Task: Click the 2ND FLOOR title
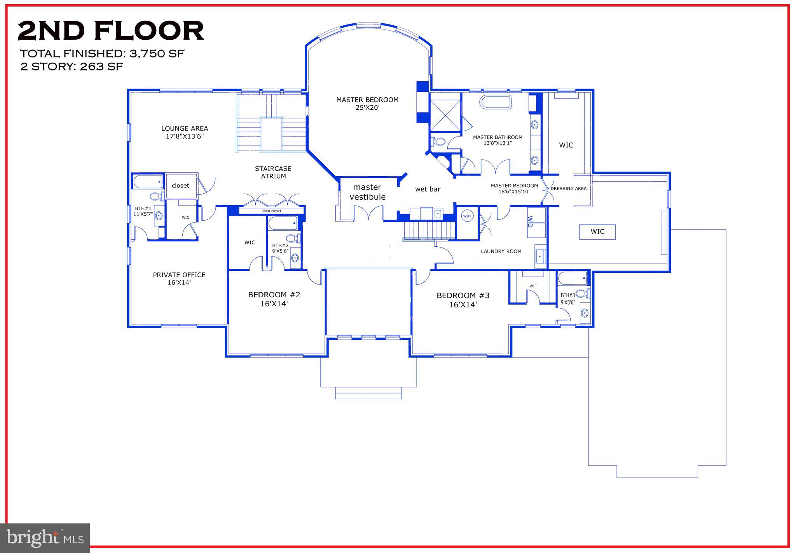click(111, 31)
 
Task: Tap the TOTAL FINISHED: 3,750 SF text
click(102, 54)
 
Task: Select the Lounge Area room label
click(185, 132)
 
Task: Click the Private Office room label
click(179, 279)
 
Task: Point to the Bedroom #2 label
click(274, 299)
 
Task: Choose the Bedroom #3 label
click(463, 300)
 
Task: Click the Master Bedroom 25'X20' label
click(367, 104)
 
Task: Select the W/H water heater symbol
click(467, 216)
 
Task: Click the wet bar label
click(428, 190)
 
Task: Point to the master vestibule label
click(367, 192)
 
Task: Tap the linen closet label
click(271, 211)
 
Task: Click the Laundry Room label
click(501, 251)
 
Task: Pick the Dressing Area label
click(568, 189)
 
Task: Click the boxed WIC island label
click(597, 232)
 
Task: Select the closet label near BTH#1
click(180, 186)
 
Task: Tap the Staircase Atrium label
click(273, 172)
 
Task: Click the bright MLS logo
click(45, 538)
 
